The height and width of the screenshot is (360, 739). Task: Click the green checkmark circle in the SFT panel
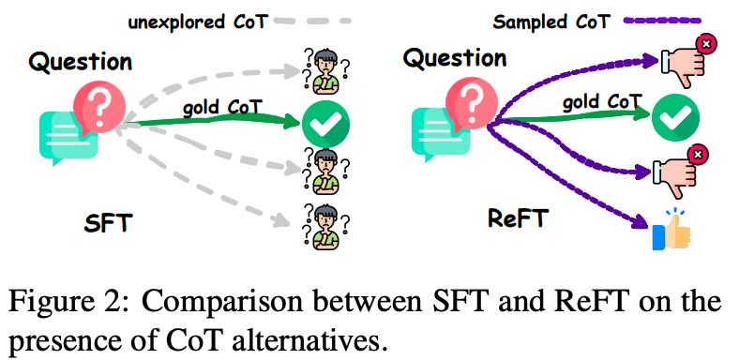click(325, 124)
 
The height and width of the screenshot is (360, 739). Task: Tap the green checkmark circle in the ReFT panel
click(675, 118)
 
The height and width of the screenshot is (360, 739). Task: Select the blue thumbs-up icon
click(671, 231)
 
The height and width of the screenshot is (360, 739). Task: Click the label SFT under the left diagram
click(107, 223)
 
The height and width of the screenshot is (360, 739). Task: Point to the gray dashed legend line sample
click(312, 21)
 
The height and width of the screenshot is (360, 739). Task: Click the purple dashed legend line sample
click(662, 21)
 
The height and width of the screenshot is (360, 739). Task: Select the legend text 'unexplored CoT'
click(198, 22)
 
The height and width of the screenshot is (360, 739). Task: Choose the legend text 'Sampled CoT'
click(551, 22)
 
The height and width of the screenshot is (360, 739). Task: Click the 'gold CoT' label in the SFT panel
click(221, 108)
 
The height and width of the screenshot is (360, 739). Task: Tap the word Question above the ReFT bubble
click(454, 58)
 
